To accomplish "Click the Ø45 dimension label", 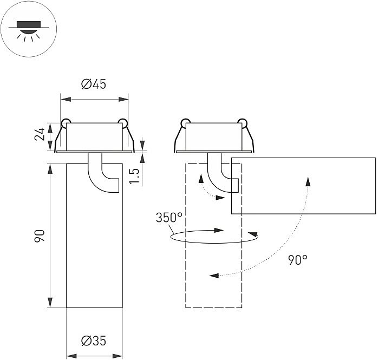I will [x=94, y=84].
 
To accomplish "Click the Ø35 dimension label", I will [x=94, y=341].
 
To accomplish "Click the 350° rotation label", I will [x=169, y=218].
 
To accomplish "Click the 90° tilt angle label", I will [x=297, y=260].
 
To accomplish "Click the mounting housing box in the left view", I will [x=93, y=136].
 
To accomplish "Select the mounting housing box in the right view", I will [x=214, y=136].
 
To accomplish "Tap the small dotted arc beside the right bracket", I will [x=205, y=189].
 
